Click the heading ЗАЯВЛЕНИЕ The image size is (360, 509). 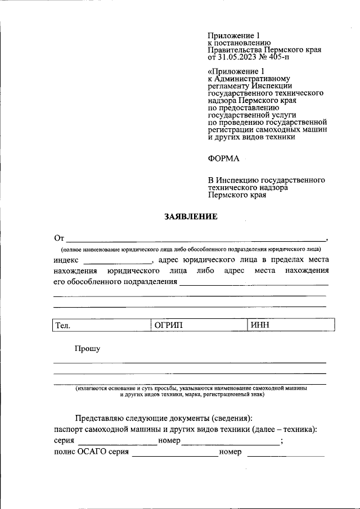(x=190, y=216)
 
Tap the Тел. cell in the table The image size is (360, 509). (x=101, y=325)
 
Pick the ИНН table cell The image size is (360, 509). (x=290, y=325)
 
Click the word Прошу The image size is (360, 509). (x=88, y=349)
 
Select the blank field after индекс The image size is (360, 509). (x=118, y=261)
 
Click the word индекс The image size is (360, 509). (x=66, y=260)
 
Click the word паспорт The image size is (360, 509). (x=69, y=430)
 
